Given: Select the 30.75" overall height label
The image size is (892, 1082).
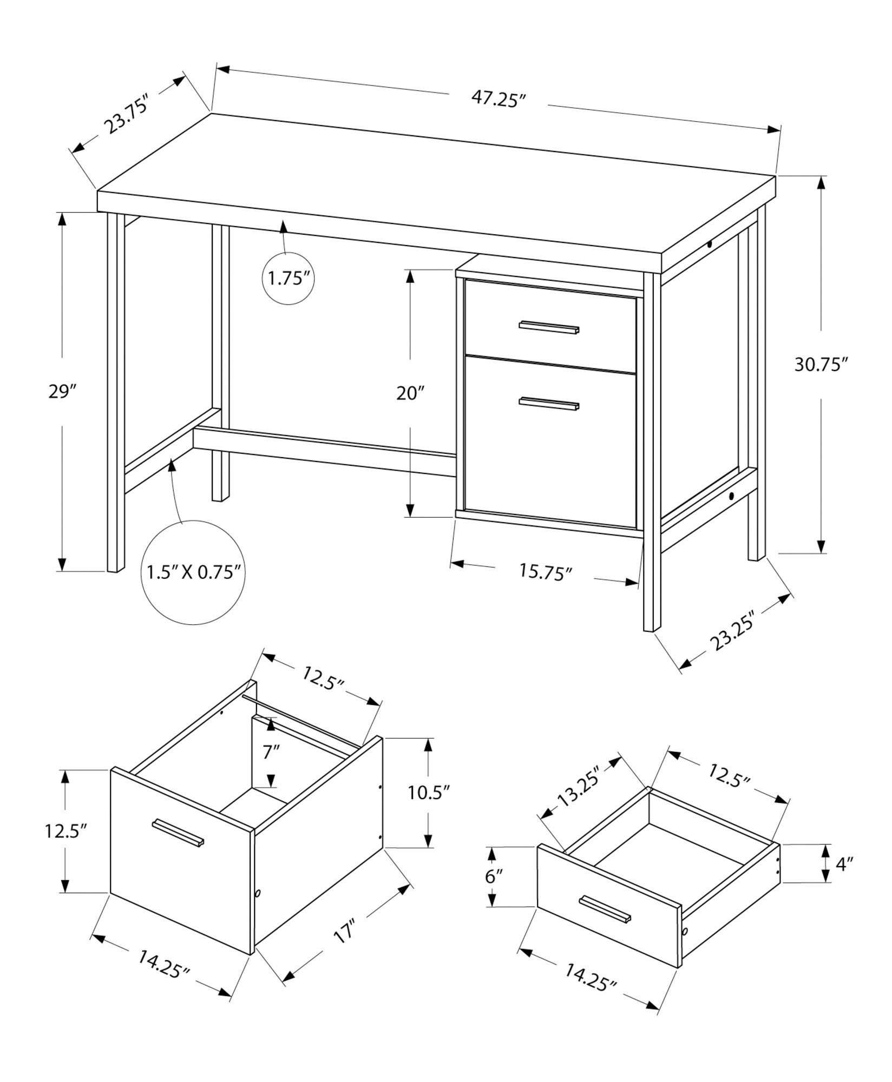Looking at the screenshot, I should tap(819, 365).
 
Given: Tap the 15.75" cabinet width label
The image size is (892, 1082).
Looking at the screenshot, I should tap(546, 571).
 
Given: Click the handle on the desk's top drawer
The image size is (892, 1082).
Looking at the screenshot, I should tap(549, 327).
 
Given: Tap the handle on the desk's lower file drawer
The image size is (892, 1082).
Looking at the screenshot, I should tap(549, 403).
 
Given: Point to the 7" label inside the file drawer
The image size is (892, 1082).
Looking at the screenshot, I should tap(271, 751).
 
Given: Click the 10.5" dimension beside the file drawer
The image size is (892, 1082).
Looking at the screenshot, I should tap(429, 793).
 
